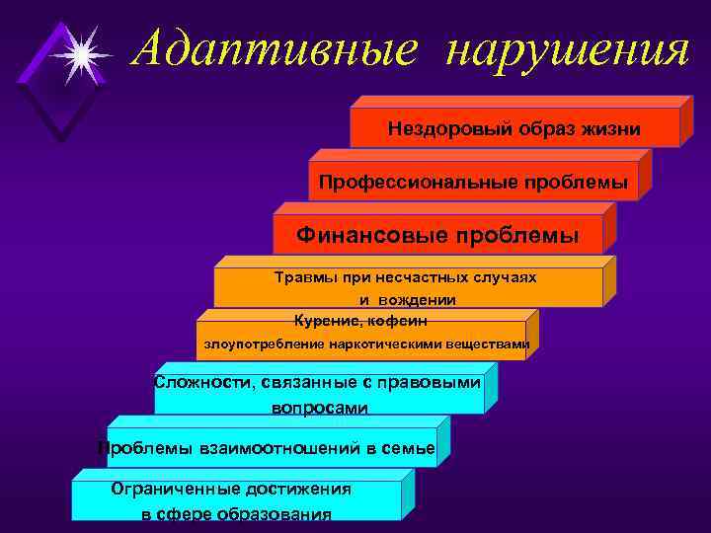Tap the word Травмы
pyautogui.click(x=302, y=277)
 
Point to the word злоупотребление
pyautogui.click(x=260, y=344)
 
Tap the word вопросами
pyautogui.click(x=318, y=407)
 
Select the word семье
pyautogui.click(x=408, y=448)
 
